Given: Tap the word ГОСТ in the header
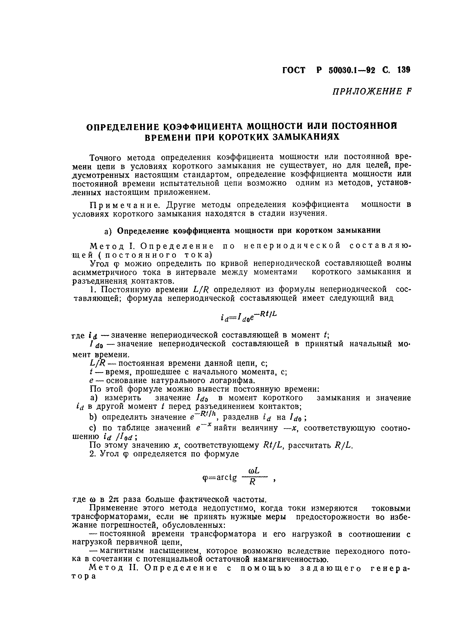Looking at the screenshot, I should (x=294, y=70).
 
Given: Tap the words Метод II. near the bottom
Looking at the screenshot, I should (x=113, y=568).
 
